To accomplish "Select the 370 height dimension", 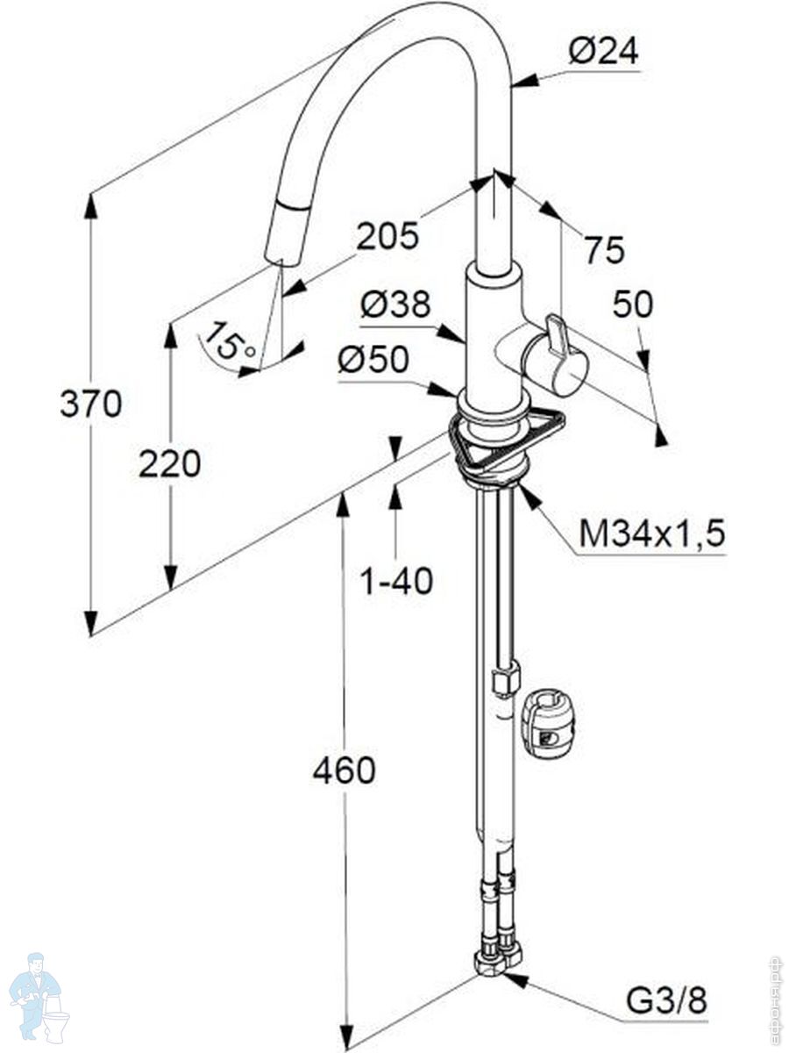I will (90, 404).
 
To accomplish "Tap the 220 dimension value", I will (170, 463).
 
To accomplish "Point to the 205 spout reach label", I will (387, 234).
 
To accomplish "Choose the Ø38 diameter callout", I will (396, 304).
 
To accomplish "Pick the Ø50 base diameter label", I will (373, 360).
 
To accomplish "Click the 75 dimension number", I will (605, 250).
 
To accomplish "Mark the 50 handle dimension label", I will (633, 304).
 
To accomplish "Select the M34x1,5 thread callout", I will (652, 533).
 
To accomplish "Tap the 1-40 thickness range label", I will (398, 580).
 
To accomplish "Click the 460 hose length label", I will (344, 770).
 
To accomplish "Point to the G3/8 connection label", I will (666, 999).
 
